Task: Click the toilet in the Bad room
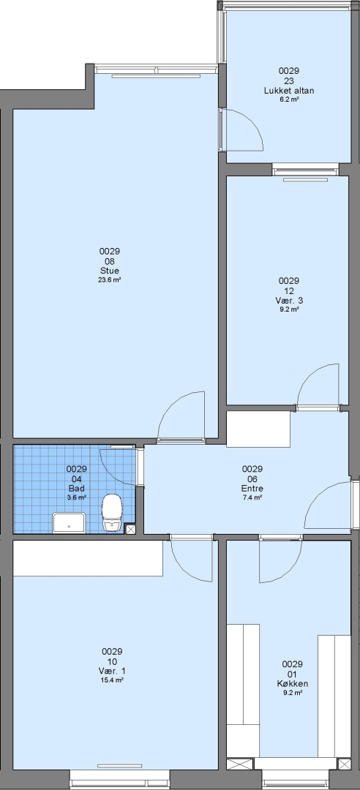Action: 112,512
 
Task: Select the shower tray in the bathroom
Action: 70,522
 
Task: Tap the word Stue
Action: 110,271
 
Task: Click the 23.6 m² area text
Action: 110,279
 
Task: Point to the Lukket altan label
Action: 290,91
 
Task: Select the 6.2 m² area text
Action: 290,99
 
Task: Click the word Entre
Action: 252,488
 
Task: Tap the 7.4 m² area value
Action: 252,497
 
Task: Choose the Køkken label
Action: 293,684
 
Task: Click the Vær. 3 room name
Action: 290,301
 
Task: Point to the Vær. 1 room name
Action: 112,671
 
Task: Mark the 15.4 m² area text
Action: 112,680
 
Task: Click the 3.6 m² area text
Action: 77,497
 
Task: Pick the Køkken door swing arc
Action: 290,569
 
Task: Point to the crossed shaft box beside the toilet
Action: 130,529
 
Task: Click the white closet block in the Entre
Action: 258,429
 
